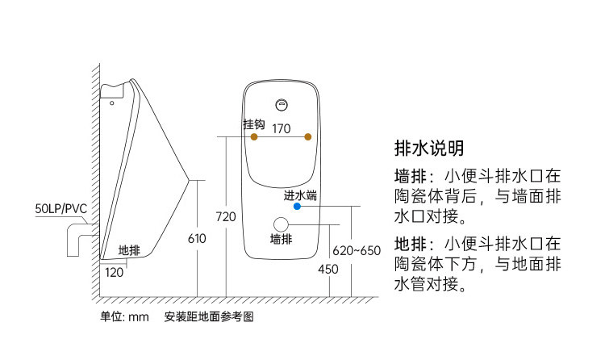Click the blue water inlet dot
coord(297,207)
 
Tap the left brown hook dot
coord(254,136)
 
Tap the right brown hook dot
coord(308,136)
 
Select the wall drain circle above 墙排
coord(281,224)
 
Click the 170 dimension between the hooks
coord(282,128)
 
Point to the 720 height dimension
coord(226,216)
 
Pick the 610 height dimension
coord(197,239)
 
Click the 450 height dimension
coord(328,270)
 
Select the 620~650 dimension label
coord(357,251)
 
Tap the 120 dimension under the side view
coord(115,273)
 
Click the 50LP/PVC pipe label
coord(61,208)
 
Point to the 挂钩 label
coord(254,124)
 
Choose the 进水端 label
coord(300,195)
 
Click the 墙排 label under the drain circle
coord(282,240)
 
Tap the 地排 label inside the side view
coord(129,251)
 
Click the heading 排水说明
coord(429,148)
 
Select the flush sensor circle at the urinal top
coord(282,105)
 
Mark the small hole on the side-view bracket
coord(112,103)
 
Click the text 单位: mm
coord(124,316)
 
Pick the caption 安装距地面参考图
coord(209,316)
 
